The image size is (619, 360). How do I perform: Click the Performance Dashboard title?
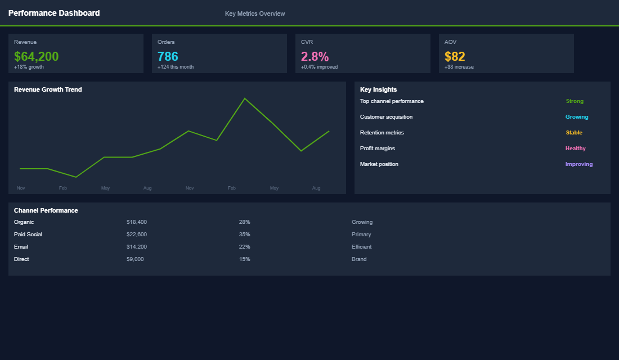[54, 13]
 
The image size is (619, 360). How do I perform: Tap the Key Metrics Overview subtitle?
[255, 13]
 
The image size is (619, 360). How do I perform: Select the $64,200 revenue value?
[36, 56]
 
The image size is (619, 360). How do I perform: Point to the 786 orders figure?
[168, 56]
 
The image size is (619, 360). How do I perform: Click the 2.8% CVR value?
[315, 56]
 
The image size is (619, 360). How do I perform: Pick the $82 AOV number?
[455, 56]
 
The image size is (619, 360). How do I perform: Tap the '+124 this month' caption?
[176, 67]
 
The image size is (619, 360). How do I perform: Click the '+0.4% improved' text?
[319, 67]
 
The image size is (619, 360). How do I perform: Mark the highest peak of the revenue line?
[245, 98]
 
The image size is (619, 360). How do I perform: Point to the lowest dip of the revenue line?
[76, 177]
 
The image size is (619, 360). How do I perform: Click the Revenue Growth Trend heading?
[48, 89]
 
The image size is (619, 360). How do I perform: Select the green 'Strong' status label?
[575, 101]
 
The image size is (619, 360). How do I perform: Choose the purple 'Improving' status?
[578, 164]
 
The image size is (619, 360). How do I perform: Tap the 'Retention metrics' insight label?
[382, 133]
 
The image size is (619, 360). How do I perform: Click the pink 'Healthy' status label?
[575, 148]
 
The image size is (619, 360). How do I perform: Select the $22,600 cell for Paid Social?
[137, 235]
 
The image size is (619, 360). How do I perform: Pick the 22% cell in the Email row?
[244, 247]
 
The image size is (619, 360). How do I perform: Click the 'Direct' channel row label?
[21, 259]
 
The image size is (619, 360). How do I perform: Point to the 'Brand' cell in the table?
[359, 259]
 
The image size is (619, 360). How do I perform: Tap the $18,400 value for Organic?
[137, 222]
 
